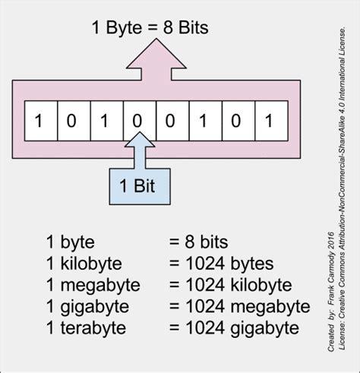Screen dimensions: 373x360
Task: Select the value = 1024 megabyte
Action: (239, 307)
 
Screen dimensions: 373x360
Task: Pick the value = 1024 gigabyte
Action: (234, 328)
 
